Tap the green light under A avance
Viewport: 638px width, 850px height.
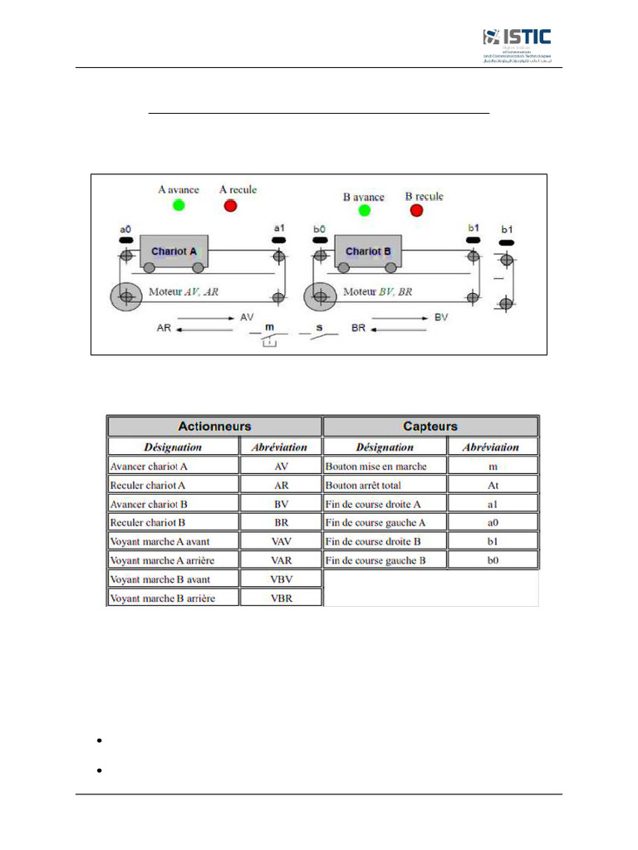pyautogui.click(x=178, y=205)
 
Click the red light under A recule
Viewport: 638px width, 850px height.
pyautogui.click(x=230, y=205)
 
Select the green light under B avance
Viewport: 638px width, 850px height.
pyautogui.click(x=364, y=211)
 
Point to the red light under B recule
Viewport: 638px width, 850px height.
pyautogui.click(x=416, y=210)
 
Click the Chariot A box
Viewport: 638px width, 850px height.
pyautogui.click(x=174, y=251)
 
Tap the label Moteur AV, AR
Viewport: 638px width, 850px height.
pyautogui.click(x=183, y=292)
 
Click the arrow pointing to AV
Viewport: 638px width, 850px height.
pyautogui.click(x=205, y=317)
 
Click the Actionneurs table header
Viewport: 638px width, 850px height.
pyautogui.click(x=214, y=426)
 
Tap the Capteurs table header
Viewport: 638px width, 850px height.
pyautogui.click(x=430, y=426)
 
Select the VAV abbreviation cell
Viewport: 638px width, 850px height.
pyautogui.click(x=281, y=541)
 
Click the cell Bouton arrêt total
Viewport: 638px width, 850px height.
pyautogui.click(x=385, y=484)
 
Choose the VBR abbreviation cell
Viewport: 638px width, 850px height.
pyautogui.click(x=281, y=598)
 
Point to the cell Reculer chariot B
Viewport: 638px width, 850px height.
pyautogui.click(x=173, y=522)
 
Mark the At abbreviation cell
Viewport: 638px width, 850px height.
pyautogui.click(x=493, y=484)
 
